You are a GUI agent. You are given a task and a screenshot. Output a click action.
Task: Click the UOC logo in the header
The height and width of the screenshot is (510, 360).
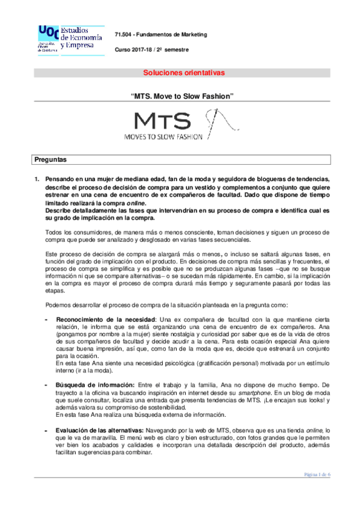point(64,40)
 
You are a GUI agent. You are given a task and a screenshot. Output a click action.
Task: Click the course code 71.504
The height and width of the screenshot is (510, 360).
point(125,35)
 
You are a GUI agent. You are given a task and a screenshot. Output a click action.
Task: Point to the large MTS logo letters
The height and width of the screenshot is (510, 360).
point(162,121)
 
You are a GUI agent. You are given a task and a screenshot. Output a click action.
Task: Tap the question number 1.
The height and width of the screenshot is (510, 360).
point(37,179)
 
